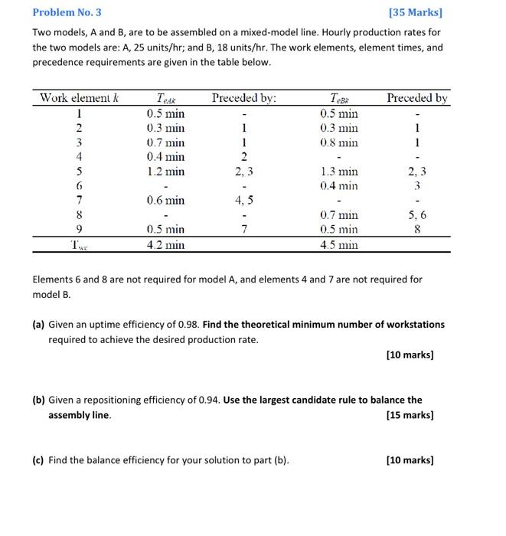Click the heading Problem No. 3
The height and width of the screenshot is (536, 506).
point(67,12)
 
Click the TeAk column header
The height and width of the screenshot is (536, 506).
point(165,99)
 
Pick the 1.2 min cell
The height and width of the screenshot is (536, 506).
point(165,172)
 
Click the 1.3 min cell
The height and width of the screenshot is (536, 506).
point(339,172)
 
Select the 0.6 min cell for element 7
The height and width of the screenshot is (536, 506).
point(165,201)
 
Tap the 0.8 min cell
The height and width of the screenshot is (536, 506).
point(339,142)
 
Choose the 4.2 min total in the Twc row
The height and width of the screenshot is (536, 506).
point(165,245)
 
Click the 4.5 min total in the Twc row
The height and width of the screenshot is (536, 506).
point(339,245)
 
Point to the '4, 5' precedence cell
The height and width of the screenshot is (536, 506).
point(243,201)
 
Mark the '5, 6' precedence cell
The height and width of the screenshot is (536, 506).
point(417,215)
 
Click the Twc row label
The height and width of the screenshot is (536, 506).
point(79,245)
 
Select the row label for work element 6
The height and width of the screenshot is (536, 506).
point(79,186)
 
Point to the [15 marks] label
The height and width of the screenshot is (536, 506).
point(410,415)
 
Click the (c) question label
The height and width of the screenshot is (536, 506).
point(38,460)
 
